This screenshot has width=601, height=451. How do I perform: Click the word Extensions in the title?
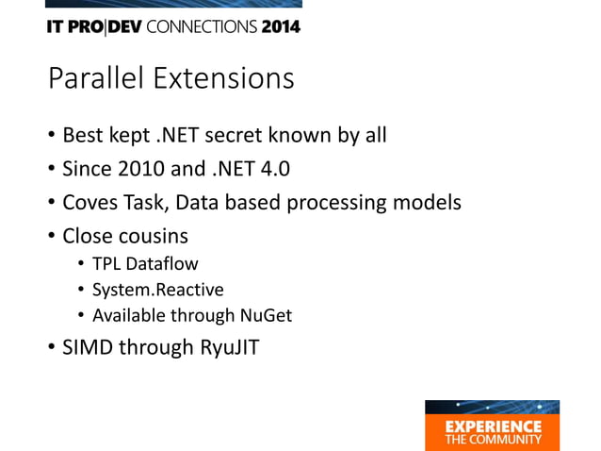224,78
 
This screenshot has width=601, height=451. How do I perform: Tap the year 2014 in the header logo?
281,26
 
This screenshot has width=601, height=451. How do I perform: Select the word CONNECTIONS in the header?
202,26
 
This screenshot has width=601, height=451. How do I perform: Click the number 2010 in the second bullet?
141,169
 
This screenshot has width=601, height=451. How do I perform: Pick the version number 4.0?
275,169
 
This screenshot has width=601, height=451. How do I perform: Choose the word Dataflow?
162,263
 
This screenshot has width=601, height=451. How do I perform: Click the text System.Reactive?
158,290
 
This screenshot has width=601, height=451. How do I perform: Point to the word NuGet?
266,315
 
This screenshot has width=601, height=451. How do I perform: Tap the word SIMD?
88,347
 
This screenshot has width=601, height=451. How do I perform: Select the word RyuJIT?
230,347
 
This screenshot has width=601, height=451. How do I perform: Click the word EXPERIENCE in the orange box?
494,426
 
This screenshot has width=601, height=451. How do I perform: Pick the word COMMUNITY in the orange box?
506,439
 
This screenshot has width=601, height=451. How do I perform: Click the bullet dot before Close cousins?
52,235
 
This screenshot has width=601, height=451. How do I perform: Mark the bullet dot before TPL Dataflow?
81,263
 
